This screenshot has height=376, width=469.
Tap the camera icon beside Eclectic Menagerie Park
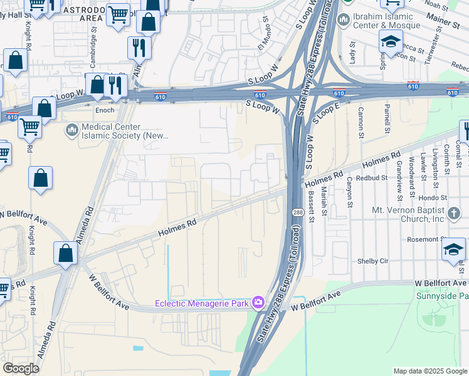pyautogui.click(x=258, y=304)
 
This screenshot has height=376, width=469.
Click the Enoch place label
pyautogui.click(x=104, y=110)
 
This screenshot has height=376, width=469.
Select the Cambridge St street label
pyautogui.click(x=93, y=42)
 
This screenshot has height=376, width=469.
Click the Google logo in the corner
pyautogui.click(x=21, y=368)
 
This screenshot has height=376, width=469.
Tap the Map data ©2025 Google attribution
pyautogui.click(x=429, y=371)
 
